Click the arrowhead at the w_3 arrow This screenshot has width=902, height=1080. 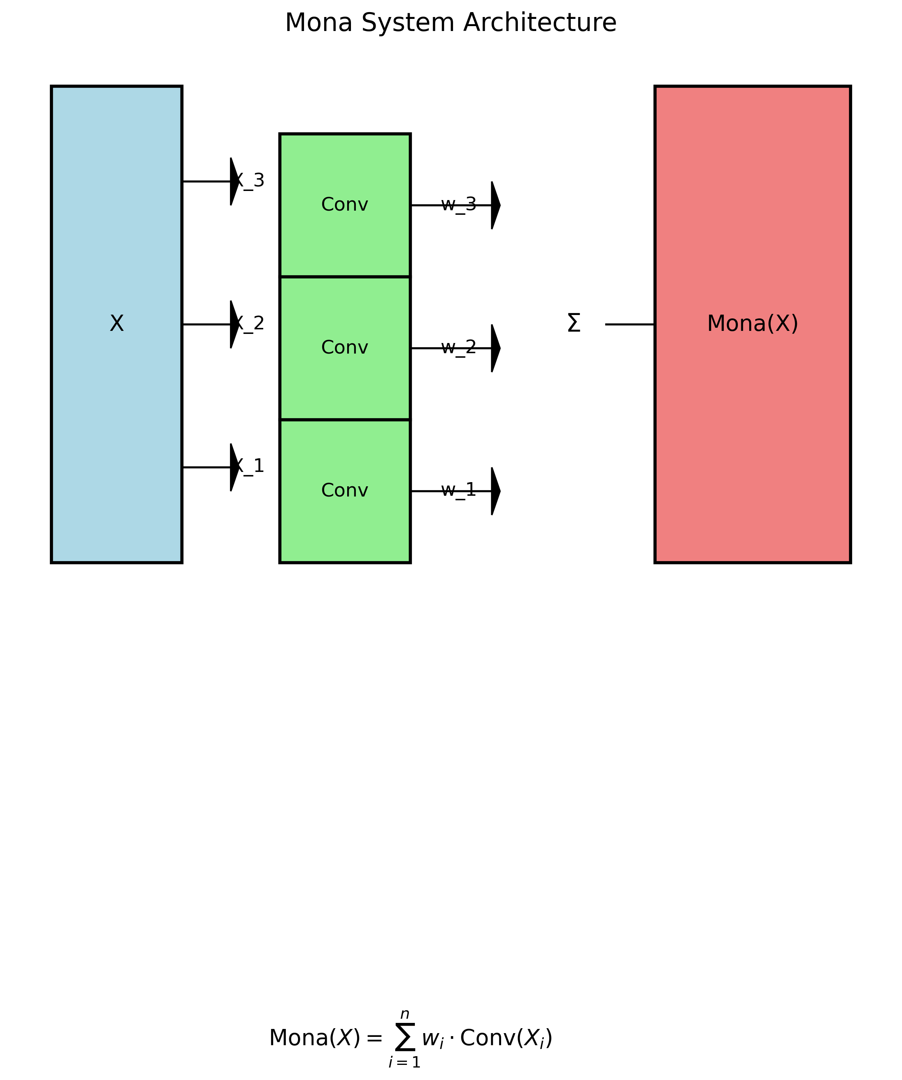pyautogui.click(x=495, y=205)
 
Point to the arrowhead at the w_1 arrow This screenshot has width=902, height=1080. pyautogui.click(x=495, y=491)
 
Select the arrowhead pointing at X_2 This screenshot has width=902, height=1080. pyautogui.click(x=234, y=324)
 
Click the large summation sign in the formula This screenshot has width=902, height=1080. pyautogui.click(x=405, y=1037)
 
